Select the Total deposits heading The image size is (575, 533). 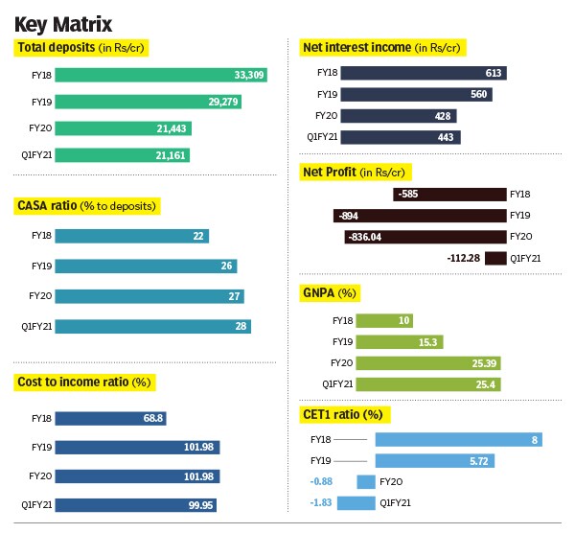pos(83,47)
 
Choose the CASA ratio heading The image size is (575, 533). pos(86,206)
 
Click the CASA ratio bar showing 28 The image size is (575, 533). pos(153,326)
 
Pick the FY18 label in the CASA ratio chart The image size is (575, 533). pos(41,236)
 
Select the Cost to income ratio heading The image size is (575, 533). pos(85,382)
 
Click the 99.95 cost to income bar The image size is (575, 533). pos(138,504)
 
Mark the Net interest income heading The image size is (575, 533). pos(382,47)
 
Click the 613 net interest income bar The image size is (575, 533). pos(422,73)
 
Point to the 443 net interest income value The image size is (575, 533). pos(445,137)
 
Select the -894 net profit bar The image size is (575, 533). pos(420,216)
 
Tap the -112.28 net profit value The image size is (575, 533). pos(463,258)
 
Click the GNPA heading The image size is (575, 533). pos(331,292)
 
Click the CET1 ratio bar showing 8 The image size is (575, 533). pos(458,439)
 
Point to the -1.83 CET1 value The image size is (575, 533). pos(321,502)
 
